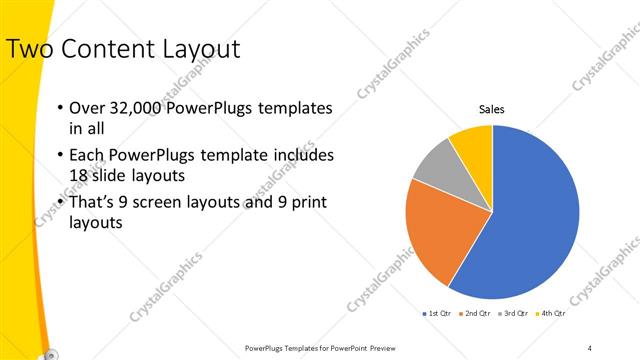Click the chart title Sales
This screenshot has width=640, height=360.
coord(492,109)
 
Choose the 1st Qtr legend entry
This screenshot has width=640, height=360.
coord(438,313)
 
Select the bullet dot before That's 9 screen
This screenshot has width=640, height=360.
coord(60,203)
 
